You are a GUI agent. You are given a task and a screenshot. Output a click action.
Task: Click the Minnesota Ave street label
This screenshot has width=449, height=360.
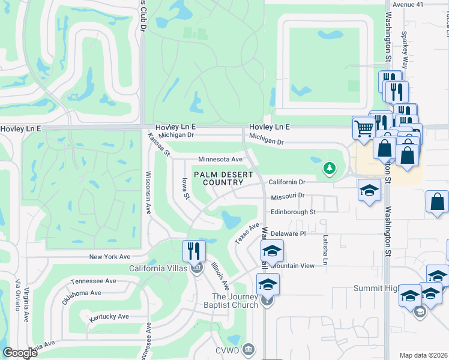point(220,160)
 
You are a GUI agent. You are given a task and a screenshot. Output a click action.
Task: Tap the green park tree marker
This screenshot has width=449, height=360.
point(328,169)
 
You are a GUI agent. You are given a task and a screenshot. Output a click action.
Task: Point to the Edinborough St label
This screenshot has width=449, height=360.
point(293,212)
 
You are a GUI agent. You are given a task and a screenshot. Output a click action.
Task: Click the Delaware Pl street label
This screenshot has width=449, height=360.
point(288,233)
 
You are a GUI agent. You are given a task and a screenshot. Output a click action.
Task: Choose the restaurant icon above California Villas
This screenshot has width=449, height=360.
point(193,250)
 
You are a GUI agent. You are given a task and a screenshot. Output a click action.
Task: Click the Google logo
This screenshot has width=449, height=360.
point(20,353)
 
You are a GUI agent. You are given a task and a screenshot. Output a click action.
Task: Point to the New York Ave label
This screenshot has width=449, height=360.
point(110,257)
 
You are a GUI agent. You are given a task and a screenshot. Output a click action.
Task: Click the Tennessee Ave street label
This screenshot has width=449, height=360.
point(93,281)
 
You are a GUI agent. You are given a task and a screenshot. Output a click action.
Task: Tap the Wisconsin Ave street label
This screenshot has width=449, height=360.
point(148,193)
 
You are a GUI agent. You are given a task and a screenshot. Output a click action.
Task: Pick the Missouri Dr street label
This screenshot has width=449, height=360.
point(288,196)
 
